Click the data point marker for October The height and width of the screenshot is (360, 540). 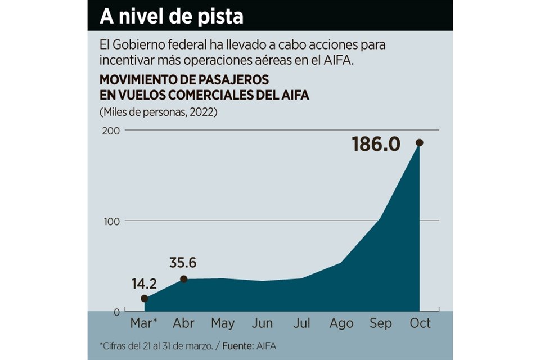click(420, 143)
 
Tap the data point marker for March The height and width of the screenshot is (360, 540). click(144, 298)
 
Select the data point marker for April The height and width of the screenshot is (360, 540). click(183, 279)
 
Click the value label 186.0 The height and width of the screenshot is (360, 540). click(376, 145)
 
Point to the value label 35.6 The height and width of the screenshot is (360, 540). click(183, 263)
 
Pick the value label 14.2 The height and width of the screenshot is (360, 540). click(145, 283)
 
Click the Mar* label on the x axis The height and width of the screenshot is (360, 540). click(144, 323)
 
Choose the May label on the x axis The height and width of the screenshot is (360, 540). click(223, 323)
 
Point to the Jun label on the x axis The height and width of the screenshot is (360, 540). click(262, 323)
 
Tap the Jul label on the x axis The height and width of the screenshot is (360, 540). click(301, 323)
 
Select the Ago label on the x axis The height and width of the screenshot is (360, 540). click(341, 323)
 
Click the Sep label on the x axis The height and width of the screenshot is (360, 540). click(380, 323)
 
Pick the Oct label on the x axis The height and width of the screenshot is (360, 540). click(420, 323)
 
